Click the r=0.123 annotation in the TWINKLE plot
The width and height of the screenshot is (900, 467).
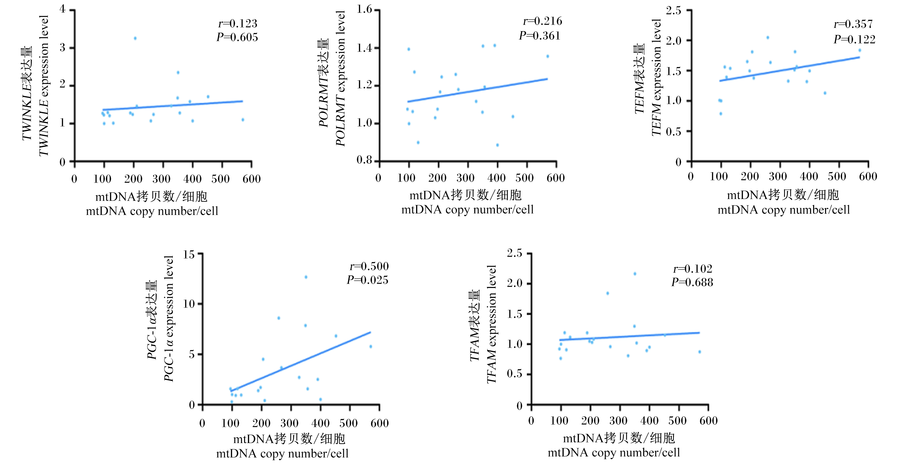238,24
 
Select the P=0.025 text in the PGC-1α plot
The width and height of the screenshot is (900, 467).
367,280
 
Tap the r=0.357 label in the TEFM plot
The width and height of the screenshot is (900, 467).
853,24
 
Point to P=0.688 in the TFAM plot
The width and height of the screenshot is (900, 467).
692,282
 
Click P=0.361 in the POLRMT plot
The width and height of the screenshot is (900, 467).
540,36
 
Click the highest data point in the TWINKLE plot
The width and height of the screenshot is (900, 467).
135,38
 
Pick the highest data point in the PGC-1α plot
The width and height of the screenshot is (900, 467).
306,277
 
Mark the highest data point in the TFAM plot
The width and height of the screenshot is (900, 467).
635,274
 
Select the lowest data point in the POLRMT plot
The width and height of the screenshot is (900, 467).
497,145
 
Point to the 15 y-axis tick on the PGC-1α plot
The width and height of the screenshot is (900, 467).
189,254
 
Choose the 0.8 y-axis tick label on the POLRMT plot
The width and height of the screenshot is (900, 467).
365,160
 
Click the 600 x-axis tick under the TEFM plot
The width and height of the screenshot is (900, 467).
868,176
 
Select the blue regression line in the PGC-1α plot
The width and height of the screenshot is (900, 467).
301,362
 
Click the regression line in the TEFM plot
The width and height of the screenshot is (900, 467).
790,69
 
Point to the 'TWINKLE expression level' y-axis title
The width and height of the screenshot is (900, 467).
44,86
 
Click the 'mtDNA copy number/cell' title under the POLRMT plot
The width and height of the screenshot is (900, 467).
467,210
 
